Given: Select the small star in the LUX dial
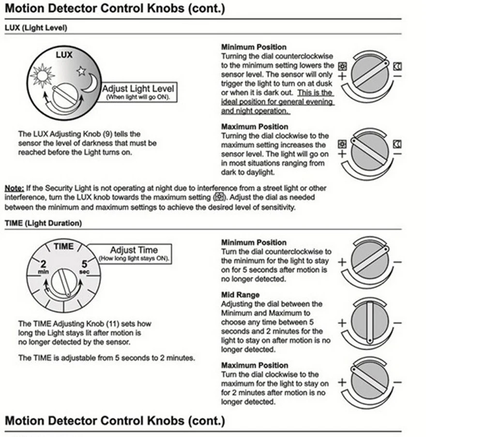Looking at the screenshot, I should click(81, 71).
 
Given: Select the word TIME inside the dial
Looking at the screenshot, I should click(63, 246).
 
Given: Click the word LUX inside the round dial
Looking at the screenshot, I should click(64, 55).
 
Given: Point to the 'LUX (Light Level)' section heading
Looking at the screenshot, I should click(36, 28).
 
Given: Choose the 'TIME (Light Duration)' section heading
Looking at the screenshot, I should click(43, 223).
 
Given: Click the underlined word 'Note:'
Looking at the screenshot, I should click(14, 188).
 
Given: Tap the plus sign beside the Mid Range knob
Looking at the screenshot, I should click(342, 322).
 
